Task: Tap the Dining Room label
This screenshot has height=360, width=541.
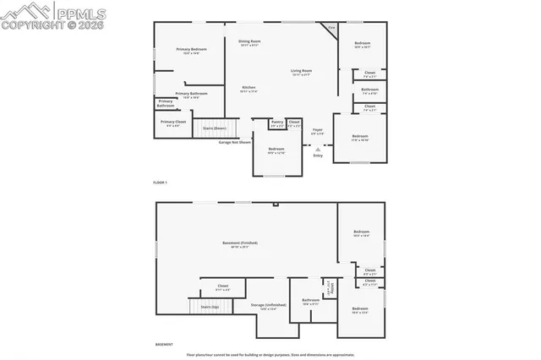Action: coord(249,42)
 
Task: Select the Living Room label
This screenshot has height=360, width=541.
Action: coord(302,72)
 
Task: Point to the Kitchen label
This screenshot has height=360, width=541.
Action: coord(249,89)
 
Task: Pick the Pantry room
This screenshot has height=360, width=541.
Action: coord(277,123)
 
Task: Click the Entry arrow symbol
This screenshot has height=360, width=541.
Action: coord(318,148)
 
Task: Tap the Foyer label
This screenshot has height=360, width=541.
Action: coord(318,131)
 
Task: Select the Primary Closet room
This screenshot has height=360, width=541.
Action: coord(173,123)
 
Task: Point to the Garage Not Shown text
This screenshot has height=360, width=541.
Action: coord(235,142)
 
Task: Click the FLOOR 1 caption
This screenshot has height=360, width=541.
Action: coord(161,183)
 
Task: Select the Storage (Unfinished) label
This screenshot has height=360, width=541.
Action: coord(269,306)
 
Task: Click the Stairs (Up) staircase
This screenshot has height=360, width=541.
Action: coord(209,308)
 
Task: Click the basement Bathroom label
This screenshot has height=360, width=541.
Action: coord(310,301)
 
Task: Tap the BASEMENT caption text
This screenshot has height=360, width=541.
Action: coord(165,345)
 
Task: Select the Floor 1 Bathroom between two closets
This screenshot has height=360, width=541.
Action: coord(369,90)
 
